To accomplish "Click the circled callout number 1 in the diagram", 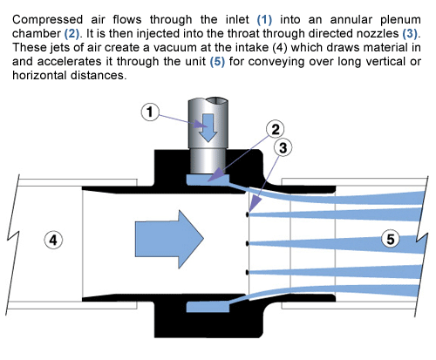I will pyautogui.click(x=152, y=137).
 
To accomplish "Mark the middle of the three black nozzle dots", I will pyautogui.click(x=249, y=242).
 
